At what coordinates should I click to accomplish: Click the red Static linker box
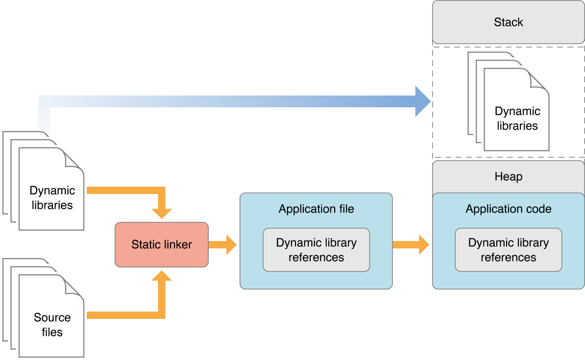tap(162, 244)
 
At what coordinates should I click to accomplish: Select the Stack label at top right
tap(508, 23)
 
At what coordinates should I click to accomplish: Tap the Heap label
tap(508, 176)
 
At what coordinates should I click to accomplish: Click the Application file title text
tap(316, 209)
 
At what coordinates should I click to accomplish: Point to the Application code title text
tap(508, 209)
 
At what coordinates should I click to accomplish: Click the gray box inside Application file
tap(316, 250)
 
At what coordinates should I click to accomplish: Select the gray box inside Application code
tap(508, 250)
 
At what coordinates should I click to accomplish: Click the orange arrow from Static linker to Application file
tap(223, 244)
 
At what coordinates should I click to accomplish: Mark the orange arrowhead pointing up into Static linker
tap(162, 277)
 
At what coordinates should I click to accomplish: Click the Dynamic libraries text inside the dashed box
tap(517, 119)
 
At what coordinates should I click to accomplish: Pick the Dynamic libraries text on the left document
tap(52, 198)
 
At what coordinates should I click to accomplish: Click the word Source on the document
tap(52, 317)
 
